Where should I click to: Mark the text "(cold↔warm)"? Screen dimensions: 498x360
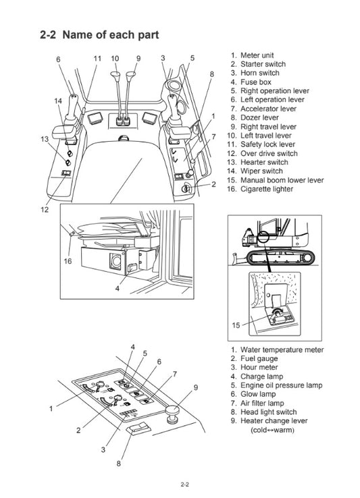tap(275, 430)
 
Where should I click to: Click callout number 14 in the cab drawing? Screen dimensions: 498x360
tap(58, 101)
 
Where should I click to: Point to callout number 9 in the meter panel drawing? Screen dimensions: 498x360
tap(196, 387)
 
